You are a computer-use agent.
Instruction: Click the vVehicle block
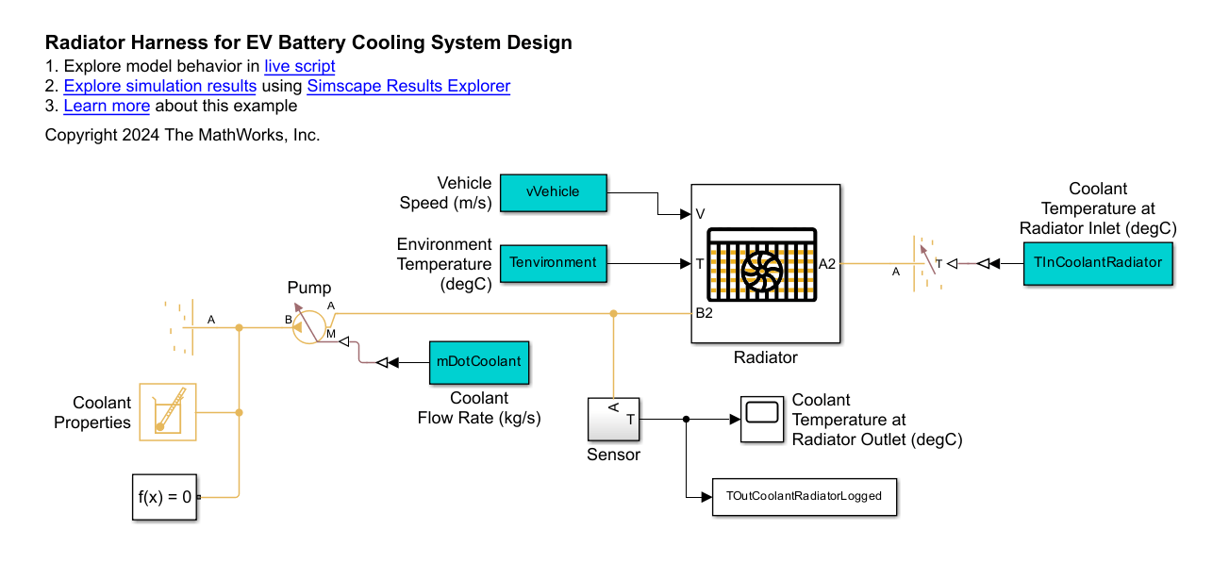point(553,191)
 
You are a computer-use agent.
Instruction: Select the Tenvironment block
point(553,262)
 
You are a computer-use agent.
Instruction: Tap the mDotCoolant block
point(478,362)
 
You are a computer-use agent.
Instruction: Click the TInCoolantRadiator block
point(1098,262)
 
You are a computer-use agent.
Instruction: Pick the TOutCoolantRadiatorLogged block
point(804,496)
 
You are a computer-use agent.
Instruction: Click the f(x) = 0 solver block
point(164,496)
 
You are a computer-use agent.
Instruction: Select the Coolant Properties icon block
point(168,412)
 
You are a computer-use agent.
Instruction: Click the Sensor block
point(614,419)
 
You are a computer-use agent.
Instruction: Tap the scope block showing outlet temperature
point(761,418)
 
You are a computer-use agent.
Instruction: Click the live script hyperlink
point(299,66)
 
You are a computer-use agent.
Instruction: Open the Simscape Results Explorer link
point(408,86)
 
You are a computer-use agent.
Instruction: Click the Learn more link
point(107,106)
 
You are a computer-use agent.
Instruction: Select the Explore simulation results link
point(160,86)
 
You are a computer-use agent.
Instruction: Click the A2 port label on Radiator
point(827,264)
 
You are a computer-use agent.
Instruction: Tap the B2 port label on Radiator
point(704,313)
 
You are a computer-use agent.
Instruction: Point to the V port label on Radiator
point(700,215)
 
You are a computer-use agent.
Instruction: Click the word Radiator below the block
point(765,357)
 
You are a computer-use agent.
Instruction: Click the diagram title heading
point(308,42)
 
